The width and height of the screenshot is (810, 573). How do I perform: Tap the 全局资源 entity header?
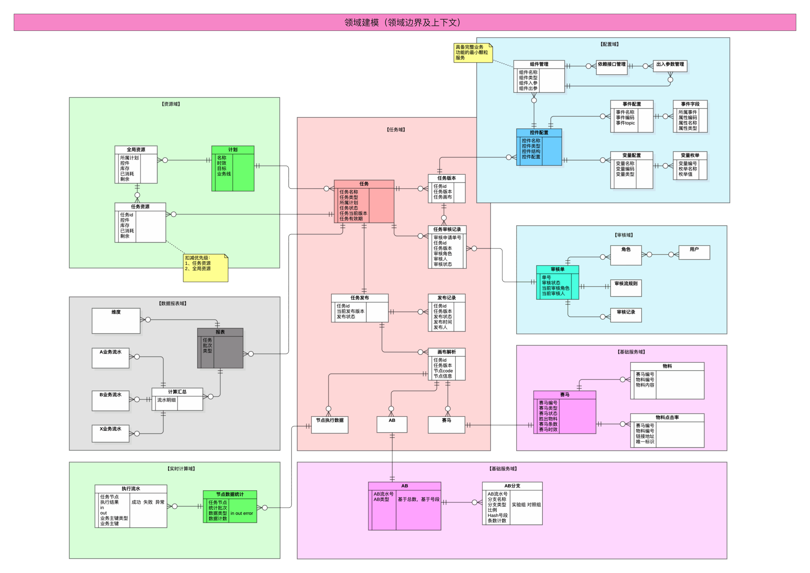tap(136, 150)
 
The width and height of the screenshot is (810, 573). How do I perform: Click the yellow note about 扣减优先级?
tap(205, 267)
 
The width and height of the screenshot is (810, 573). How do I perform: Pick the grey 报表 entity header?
tap(220, 332)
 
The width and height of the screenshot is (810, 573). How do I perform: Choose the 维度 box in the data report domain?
tap(116, 320)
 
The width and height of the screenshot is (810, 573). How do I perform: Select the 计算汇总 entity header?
tap(177, 392)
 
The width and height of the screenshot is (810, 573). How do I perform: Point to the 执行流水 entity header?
tap(131, 489)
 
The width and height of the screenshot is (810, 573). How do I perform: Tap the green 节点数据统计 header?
tap(230, 494)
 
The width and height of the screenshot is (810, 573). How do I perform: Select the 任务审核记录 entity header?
tap(447, 229)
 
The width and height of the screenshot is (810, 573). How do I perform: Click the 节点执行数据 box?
tap(329, 424)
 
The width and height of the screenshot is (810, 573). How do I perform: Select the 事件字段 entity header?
tap(690, 104)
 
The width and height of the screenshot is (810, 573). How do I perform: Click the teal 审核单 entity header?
tap(557, 269)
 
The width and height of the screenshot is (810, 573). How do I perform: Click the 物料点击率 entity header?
tap(667, 417)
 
